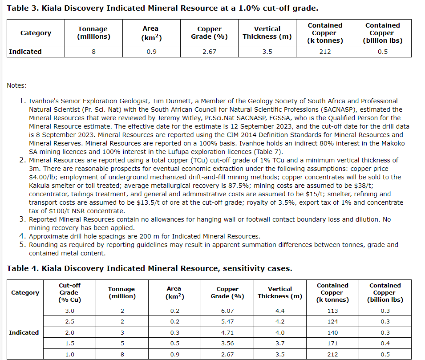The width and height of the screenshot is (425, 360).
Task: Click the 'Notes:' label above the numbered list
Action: pyautogui.click(x=16, y=85)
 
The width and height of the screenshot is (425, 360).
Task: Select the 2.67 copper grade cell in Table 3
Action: pyautogui.click(x=209, y=52)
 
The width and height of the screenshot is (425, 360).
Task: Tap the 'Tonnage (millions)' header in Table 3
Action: pyautogui.click(x=93, y=33)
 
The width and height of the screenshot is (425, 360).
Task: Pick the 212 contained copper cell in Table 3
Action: pyautogui.click(x=325, y=52)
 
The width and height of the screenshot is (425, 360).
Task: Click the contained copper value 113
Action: pyautogui.click(x=332, y=311)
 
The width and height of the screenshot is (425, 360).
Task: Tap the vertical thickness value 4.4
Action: pyautogui.click(x=280, y=311)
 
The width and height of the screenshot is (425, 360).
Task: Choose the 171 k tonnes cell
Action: pyautogui.click(x=332, y=343)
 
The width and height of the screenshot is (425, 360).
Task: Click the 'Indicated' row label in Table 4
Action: pyautogui.click(x=24, y=332)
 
